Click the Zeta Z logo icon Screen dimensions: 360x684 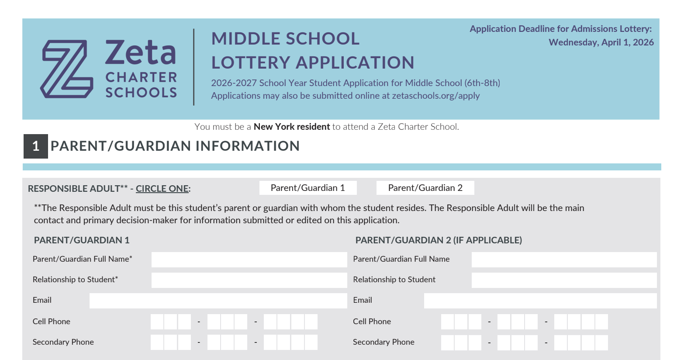coord(67,69)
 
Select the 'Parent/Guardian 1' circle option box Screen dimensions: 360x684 coord(308,188)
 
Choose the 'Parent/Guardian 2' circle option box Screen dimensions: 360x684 coord(425,188)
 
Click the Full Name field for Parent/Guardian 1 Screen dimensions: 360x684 coord(249,260)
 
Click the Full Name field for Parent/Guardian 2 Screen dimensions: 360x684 coord(564,260)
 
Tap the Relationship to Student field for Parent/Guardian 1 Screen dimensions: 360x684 coord(249,280)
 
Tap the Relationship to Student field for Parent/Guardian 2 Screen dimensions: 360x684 coord(564,280)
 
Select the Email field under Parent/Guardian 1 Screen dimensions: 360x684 coord(218,301)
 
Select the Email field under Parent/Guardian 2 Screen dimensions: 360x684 coord(540,301)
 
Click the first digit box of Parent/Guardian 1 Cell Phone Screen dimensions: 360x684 coord(157,322)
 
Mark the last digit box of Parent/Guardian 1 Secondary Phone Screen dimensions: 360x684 coord(311,343)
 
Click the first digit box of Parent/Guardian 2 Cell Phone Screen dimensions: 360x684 coord(448,322)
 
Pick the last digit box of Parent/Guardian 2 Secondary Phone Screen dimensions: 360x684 coord(601,343)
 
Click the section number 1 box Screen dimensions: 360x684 coord(36,146)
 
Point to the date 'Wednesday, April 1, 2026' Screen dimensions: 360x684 coord(601,42)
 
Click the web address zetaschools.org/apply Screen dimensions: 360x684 coord(435,96)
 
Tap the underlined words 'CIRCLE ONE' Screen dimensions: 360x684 coord(162,189)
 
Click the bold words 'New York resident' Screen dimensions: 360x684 coord(292,127)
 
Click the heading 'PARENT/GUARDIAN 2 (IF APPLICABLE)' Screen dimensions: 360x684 coord(439,240)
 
